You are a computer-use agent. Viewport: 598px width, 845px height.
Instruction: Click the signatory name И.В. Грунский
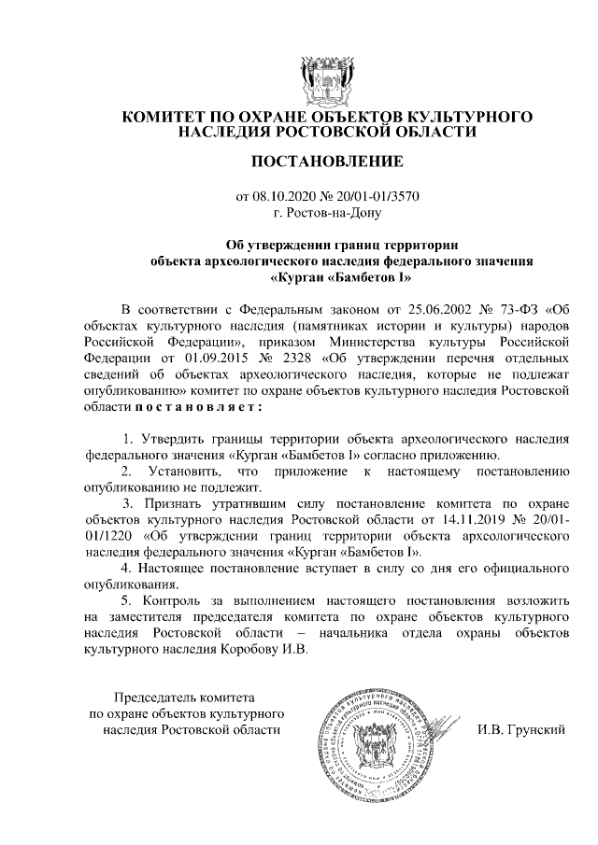click(521, 729)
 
